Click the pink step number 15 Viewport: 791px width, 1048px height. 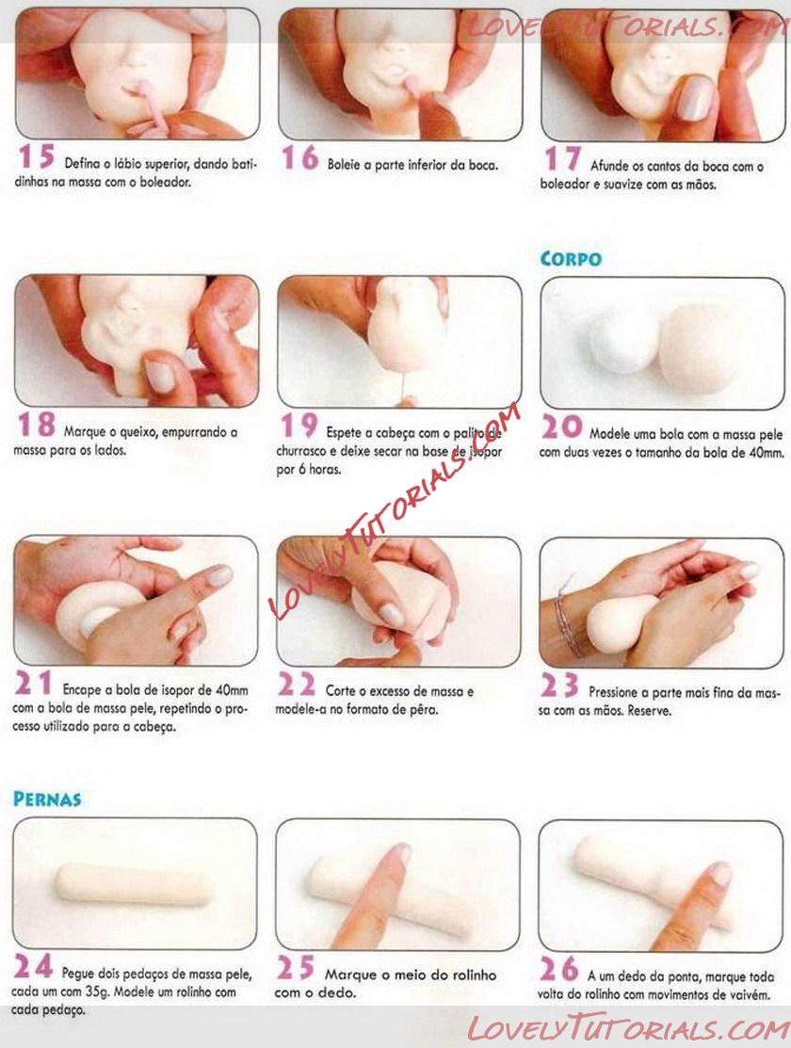[36, 156]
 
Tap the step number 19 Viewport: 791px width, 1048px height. [299, 425]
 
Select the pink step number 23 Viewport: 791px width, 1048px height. [559, 685]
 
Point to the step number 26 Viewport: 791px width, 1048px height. [559, 969]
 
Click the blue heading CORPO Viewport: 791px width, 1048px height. [571, 259]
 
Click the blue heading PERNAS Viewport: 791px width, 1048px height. [47, 798]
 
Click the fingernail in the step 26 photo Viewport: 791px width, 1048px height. [720, 873]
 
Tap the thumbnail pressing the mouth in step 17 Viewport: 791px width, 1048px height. [696, 98]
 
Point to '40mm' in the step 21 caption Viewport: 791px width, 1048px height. [232, 690]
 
